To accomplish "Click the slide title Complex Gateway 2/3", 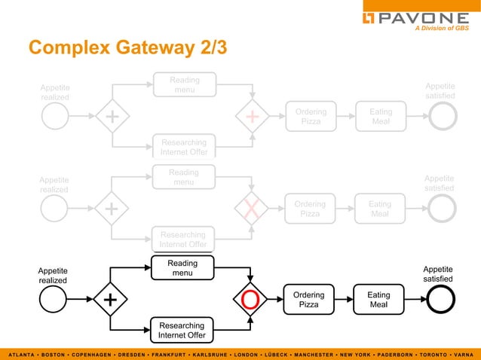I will click(x=127, y=47).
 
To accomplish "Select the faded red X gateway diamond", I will click(x=251, y=209).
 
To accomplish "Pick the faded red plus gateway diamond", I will click(x=251, y=117).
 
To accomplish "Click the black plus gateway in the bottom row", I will click(x=111, y=300).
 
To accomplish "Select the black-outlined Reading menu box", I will click(x=182, y=268).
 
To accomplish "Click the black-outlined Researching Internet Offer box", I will click(x=182, y=330).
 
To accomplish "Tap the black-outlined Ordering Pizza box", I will click(x=309, y=300).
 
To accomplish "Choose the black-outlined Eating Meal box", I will click(x=378, y=300).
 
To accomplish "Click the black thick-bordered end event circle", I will click(x=441, y=300).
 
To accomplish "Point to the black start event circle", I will click(x=54, y=300).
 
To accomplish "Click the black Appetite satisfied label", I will click(x=438, y=273).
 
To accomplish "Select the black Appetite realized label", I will click(x=53, y=275).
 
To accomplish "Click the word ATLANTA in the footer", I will click(x=23, y=354).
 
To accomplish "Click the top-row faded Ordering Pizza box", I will click(x=311, y=117).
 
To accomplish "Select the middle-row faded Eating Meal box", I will click(x=380, y=209).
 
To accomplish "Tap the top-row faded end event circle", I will click(x=441, y=117).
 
